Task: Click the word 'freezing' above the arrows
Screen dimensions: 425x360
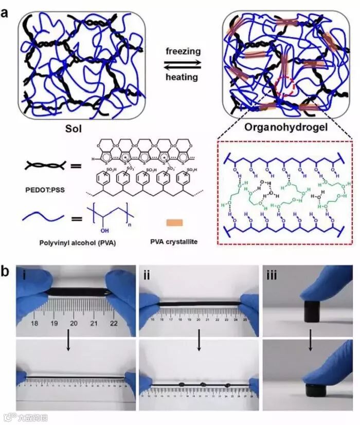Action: coord(183,51)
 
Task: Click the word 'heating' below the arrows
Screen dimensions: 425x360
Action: coord(182,77)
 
